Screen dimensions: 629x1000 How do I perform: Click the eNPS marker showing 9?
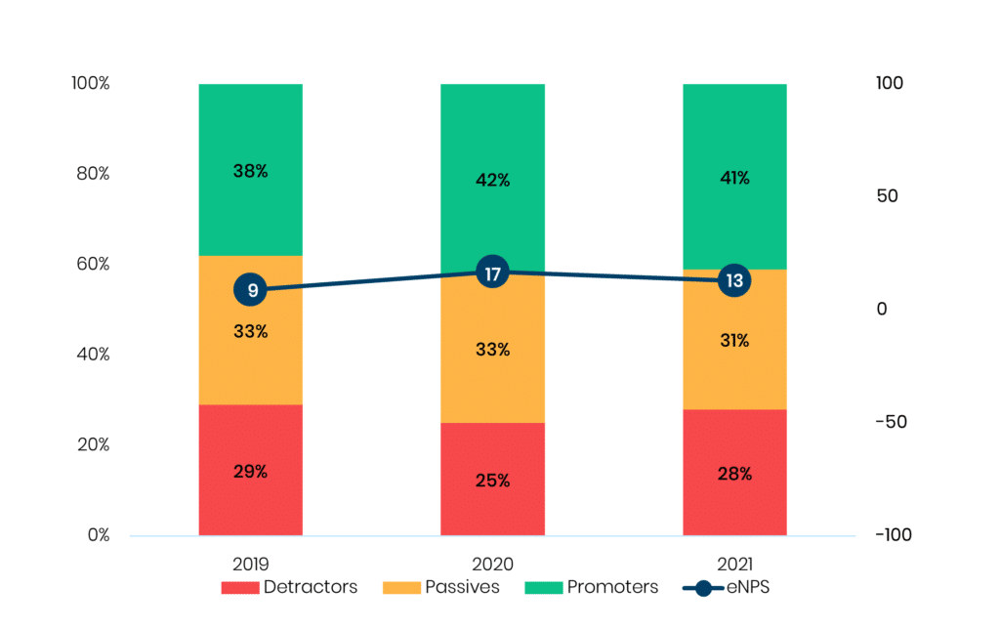[x=251, y=290]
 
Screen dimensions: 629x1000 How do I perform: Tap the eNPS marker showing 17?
[x=493, y=273]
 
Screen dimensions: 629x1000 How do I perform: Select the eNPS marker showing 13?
[x=734, y=281]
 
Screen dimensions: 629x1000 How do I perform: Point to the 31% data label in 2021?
[x=734, y=341]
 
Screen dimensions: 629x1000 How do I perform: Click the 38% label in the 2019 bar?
[x=251, y=171]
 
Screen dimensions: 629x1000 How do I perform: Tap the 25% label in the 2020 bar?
[x=493, y=481]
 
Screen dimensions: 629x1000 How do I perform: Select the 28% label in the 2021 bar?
[x=734, y=474]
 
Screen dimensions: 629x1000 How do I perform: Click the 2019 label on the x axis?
[x=251, y=565]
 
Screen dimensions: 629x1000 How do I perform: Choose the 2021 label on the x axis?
[x=734, y=565]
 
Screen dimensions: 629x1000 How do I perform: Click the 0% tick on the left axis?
[x=95, y=535]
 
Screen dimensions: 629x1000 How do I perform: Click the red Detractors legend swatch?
[x=238, y=588]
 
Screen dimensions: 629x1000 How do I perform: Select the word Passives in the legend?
[x=462, y=588]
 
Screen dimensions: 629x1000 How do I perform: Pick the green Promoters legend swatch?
[x=543, y=588]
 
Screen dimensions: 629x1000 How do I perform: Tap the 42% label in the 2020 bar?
[x=493, y=181]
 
